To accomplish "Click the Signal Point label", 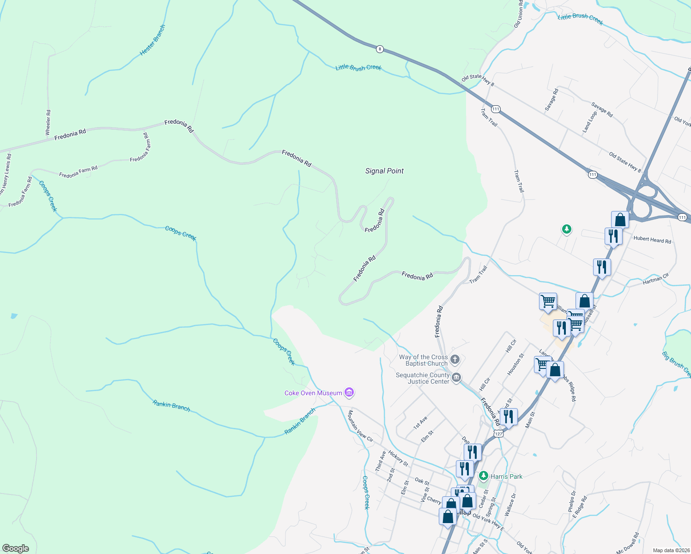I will (384, 171).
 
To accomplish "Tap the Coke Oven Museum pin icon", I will (349, 393).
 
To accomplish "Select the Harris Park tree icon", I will (484, 476).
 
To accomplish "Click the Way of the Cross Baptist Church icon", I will (455, 360).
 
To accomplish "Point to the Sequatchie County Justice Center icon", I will (456, 378).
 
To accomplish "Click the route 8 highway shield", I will (380, 48).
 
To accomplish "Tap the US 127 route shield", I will (498, 434).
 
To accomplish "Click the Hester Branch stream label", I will (152, 41).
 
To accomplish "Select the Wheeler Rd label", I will (48, 122).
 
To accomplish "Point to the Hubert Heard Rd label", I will (652, 239).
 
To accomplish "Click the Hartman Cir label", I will (655, 279).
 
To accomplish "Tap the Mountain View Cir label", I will (360, 426).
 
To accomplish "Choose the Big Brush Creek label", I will (677, 364).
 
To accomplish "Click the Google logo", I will (15, 548).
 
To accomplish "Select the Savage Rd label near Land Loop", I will (602, 109).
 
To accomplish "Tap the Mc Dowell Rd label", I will (627, 543).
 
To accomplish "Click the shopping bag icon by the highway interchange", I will (620, 220).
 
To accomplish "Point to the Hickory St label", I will (398, 458).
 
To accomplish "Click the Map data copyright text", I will (671, 550).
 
